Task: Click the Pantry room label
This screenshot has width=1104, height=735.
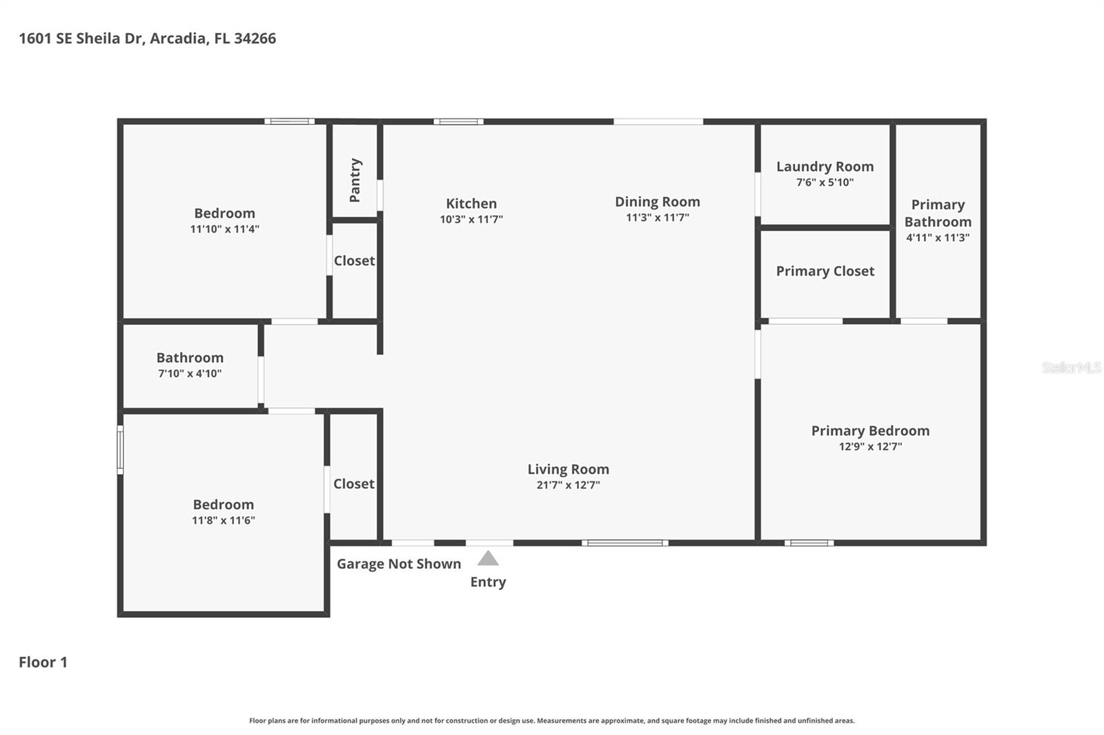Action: (x=355, y=180)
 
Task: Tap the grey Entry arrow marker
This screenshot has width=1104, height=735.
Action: (x=488, y=558)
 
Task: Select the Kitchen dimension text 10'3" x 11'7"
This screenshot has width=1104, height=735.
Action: (x=471, y=219)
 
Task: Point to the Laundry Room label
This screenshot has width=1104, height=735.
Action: (x=825, y=167)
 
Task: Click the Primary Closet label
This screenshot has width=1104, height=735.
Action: (x=825, y=271)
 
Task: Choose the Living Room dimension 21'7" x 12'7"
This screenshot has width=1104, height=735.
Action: (x=568, y=485)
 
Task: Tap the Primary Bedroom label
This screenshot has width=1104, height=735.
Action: (x=870, y=431)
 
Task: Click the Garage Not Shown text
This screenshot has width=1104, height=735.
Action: (x=399, y=564)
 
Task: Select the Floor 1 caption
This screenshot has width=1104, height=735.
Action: (x=43, y=662)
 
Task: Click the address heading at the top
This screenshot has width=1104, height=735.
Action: (x=147, y=39)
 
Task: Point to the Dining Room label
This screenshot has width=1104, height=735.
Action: (x=657, y=202)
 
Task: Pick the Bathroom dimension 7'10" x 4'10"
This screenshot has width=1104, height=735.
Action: (x=190, y=374)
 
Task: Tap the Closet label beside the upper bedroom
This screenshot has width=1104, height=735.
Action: (x=354, y=261)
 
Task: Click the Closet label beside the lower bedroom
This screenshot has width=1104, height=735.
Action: (x=353, y=484)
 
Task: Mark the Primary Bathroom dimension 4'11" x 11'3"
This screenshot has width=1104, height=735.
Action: (x=938, y=237)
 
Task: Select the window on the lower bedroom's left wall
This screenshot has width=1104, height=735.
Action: (x=120, y=450)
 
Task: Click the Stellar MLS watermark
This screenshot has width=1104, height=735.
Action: (x=1071, y=367)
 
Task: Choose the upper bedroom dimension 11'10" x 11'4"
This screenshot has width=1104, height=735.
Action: (x=224, y=229)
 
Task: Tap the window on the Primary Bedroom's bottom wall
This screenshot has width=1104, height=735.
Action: (x=809, y=543)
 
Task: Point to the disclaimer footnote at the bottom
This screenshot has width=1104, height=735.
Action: (x=551, y=721)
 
